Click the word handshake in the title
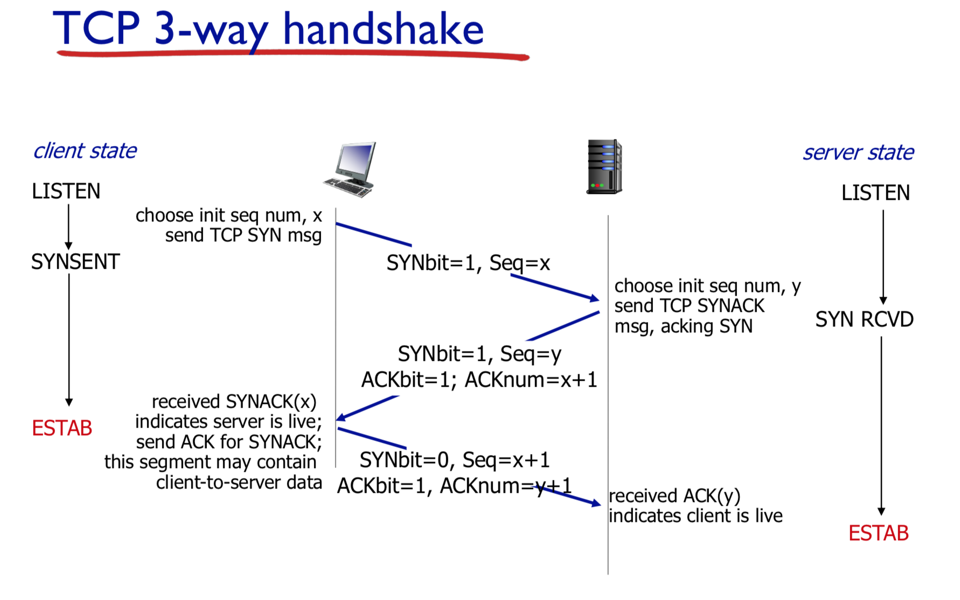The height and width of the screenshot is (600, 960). coord(383,30)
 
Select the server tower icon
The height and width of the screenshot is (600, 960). coord(604,166)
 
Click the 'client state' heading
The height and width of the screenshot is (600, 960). coord(85,151)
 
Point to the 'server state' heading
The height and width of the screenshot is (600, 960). coord(858,153)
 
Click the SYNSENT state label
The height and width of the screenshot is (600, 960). coord(75,262)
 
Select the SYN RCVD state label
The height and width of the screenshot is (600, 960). coord(864,319)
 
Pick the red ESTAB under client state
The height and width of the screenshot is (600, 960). coord(62,429)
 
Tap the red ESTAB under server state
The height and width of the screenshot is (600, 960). coord(878,533)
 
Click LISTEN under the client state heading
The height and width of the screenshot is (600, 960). coord(66,192)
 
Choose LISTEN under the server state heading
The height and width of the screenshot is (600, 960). coord(875,193)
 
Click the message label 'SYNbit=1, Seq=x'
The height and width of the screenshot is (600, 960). coord(468,263)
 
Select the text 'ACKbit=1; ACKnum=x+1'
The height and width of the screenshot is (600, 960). coord(479,380)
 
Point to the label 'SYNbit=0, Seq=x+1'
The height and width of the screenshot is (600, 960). coord(455,461)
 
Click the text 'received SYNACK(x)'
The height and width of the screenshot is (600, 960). coord(234,402)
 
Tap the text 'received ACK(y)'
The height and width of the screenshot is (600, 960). coord(674,496)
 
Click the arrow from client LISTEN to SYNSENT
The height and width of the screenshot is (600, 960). coord(68,226)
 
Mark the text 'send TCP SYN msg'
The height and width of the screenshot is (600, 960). coord(243,236)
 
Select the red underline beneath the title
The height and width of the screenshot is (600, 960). coord(293,54)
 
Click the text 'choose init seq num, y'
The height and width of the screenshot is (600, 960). coord(707,286)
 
